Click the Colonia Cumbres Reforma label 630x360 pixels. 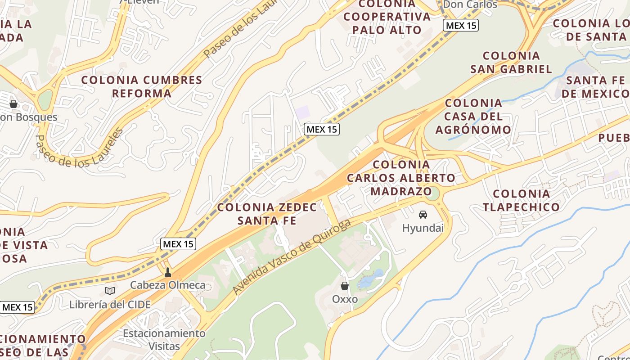[x=142, y=87]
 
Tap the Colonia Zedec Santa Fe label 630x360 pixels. [x=267, y=214]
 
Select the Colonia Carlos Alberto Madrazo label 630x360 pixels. [x=401, y=178]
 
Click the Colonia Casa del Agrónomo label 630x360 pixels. [x=473, y=117]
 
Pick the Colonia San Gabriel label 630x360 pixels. [x=511, y=63]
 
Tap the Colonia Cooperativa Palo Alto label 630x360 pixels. [x=387, y=17]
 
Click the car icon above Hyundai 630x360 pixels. [x=423, y=215]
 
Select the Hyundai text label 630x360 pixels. [x=423, y=228]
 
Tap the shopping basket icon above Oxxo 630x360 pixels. [x=345, y=286]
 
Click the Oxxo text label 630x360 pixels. [x=345, y=299]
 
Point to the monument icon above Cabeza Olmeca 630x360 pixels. [x=168, y=272]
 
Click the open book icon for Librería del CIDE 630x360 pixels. [x=110, y=291]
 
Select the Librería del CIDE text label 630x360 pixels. [x=110, y=305]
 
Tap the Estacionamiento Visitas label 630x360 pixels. [x=164, y=340]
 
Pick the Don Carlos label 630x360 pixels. [x=470, y=5]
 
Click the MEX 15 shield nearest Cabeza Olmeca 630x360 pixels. [x=178, y=244]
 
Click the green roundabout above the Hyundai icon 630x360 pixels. [x=432, y=194]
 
